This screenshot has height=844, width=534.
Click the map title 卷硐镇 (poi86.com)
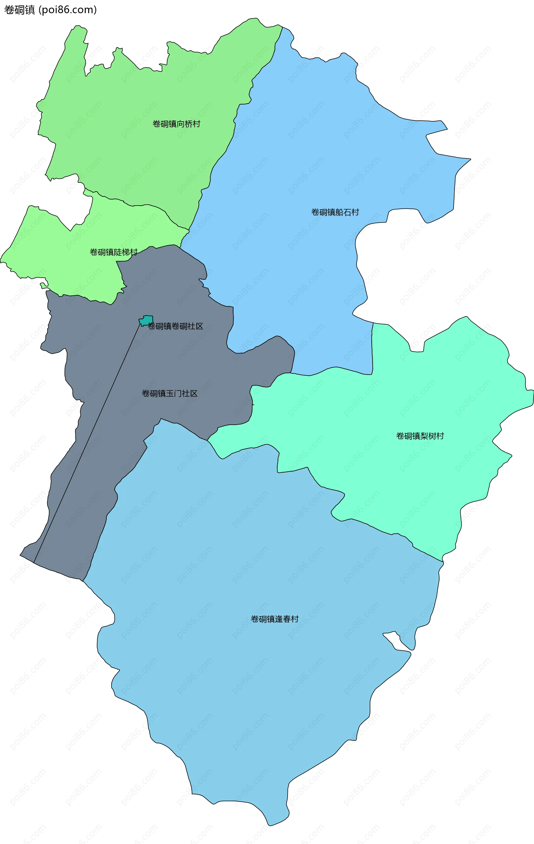click(x=50, y=10)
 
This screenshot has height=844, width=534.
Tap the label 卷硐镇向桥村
click(x=176, y=124)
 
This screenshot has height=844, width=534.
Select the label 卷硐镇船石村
click(x=335, y=212)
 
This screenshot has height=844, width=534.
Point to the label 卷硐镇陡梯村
click(x=113, y=252)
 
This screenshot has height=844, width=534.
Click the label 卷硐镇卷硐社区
click(x=175, y=326)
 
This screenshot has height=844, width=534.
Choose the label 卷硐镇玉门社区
click(x=169, y=393)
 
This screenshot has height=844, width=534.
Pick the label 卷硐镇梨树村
click(x=420, y=436)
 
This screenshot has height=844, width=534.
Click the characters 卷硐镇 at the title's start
click(x=20, y=10)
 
